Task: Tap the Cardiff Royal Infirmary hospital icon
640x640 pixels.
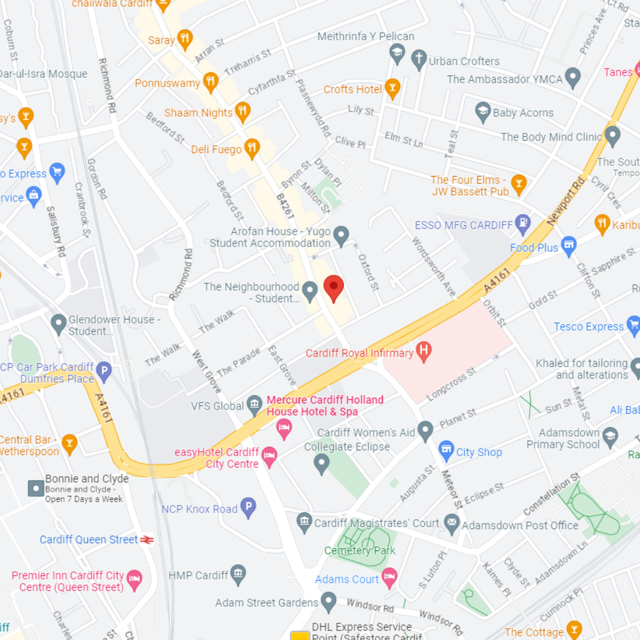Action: pyautogui.click(x=423, y=351)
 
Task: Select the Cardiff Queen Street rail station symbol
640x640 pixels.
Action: pyautogui.click(x=147, y=540)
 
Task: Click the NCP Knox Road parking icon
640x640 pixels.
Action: pyautogui.click(x=248, y=508)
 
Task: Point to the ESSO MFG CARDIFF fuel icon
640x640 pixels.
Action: pyautogui.click(x=523, y=224)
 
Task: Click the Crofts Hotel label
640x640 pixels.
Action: pyautogui.click(x=352, y=90)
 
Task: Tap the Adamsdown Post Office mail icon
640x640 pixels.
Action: pyautogui.click(x=452, y=524)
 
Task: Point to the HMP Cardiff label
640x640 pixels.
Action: pyautogui.click(x=198, y=575)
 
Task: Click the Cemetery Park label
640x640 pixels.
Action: pyautogui.click(x=359, y=550)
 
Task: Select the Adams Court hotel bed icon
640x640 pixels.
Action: pyautogui.click(x=389, y=577)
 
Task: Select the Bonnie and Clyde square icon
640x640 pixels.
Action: pyautogui.click(x=36, y=488)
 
